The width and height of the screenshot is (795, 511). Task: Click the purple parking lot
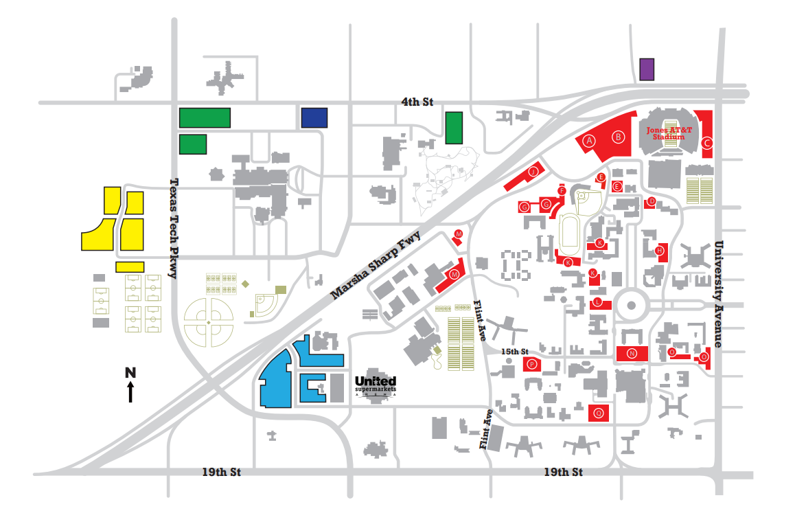coord(646,69)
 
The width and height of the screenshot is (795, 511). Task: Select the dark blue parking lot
coord(314,117)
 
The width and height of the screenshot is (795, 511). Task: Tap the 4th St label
coord(417,102)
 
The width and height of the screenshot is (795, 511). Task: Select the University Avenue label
coord(719,294)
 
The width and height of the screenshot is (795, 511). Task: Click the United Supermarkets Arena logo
coord(376,385)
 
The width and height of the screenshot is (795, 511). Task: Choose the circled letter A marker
coord(588,139)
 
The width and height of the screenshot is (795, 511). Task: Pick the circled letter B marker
coord(619,137)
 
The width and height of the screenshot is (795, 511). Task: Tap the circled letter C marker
coord(706,143)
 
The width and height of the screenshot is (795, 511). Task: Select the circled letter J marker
coord(532,172)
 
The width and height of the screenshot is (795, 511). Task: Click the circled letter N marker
coord(632,354)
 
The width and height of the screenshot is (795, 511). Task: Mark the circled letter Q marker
coord(599,413)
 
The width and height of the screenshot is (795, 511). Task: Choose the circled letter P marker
coord(532,364)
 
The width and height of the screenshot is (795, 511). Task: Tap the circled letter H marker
coord(660,251)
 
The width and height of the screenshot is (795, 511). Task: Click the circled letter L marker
coord(599,302)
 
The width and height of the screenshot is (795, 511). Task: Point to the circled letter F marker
coord(562,190)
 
